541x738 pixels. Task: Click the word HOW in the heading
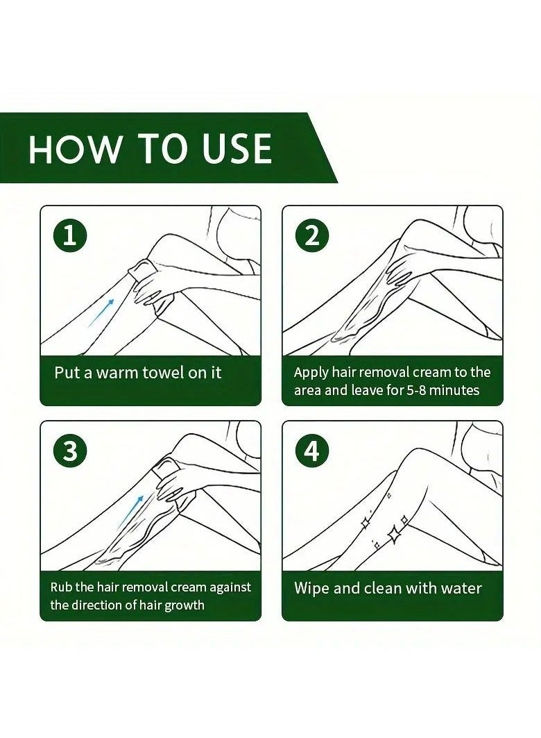(x=74, y=149)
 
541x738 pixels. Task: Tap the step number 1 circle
(x=70, y=236)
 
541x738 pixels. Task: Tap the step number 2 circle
(x=312, y=236)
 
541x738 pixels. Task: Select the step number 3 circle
(x=70, y=451)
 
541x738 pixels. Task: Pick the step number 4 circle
(x=312, y=451)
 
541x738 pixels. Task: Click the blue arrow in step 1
(x=101, y=312)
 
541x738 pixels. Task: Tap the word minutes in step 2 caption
(x=454, y=390)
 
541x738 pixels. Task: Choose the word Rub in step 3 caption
(x=61, y=587)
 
